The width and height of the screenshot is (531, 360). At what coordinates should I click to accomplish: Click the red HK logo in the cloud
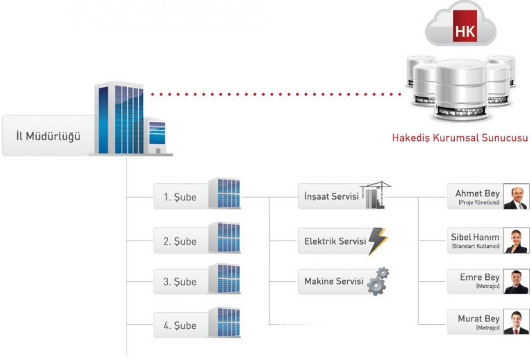(x=465, y=32)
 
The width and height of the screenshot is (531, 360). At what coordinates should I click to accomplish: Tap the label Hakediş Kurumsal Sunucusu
(x=460, y=138)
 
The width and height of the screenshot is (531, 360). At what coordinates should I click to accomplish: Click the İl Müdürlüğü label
(x=48, y=136)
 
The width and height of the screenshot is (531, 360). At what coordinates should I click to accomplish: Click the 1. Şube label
(x=180, y=197)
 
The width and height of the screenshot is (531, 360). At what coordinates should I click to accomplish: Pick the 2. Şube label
(x=180, y=241)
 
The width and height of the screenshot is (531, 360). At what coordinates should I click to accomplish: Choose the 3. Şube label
(x=180, y=282)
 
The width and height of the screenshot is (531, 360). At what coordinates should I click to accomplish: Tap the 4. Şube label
(x=180, y=325)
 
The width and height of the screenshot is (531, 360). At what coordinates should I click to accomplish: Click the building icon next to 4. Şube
(x=224, y=323)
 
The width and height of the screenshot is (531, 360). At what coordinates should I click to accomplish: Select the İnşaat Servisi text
(x=331, y=197)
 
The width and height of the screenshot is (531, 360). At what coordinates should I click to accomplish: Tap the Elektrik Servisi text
(x=335, y=242)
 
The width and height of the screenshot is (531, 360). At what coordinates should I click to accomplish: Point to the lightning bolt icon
(x=378, y=241)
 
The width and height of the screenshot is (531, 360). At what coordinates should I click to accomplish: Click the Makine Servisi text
(x=333, y=282)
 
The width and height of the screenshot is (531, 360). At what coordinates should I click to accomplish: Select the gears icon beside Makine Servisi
(x=378, y=281)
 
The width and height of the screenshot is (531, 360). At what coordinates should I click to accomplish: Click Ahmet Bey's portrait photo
(x=515, y=197)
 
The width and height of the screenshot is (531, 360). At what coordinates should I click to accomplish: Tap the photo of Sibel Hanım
(x=515, y=240)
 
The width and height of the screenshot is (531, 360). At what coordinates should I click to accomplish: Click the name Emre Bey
(x=479, y=277)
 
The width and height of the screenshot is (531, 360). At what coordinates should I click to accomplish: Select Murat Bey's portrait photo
(x=515, y=322)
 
